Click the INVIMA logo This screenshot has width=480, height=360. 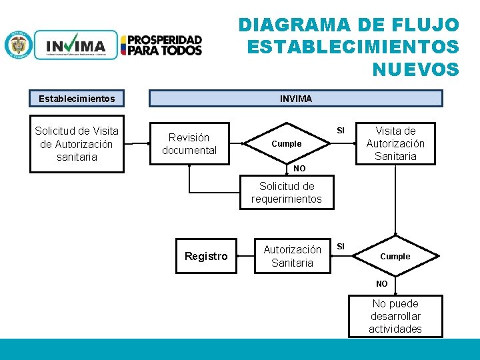tap(75, 45)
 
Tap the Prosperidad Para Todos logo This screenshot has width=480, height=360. tap(161, 45)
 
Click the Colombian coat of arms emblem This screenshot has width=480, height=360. tap(18, 45)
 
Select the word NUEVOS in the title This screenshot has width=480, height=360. tap(415, 69)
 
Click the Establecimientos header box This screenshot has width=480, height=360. tap(77, 99)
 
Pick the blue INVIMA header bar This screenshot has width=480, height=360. tap(295, 99)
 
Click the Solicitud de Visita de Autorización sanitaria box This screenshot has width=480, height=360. tap(77, 144)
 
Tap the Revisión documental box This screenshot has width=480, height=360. tap(189, 144)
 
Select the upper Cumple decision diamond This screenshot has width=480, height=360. tap(287, 144)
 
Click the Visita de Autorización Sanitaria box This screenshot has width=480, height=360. tap(395, 143)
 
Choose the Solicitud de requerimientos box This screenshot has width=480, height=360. tap(287, 193)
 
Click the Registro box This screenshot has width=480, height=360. tap(206, 256)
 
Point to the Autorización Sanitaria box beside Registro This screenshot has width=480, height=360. tap(292, 256)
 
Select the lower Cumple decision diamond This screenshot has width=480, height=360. tap(395, 256)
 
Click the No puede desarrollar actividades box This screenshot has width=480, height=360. tap(395, 316)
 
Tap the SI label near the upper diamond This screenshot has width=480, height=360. tap(341, 130)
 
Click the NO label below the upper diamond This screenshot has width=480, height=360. tap(300, 169)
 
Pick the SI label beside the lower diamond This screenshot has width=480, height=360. tap(341, 247)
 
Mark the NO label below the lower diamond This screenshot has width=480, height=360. tap(381, 283)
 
